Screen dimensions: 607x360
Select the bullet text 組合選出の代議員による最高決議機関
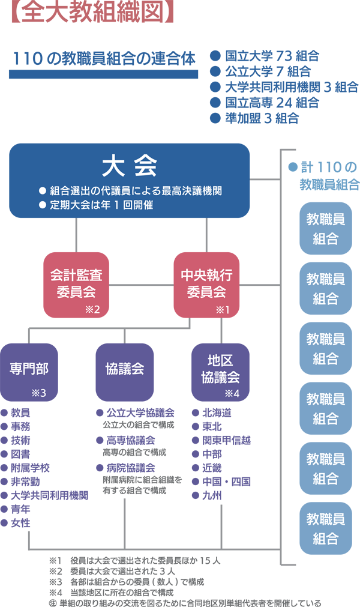click(x=134, y=192)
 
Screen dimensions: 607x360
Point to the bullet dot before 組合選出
click(x=43, y=192)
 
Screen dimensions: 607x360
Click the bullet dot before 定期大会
click(x=43, y=205)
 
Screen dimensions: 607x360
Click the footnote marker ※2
click(x=92, y=310)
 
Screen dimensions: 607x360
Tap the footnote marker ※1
click(x=223, y=310)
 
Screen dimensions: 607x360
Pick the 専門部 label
click(x=29, y=369)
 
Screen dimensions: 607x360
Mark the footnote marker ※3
click(x=38, y=394)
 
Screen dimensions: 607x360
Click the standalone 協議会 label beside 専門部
click(x=124, y=369)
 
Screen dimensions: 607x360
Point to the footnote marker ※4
click(x=232, y=394)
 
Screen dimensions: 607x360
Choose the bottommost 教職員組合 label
click(x=326, y=528)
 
